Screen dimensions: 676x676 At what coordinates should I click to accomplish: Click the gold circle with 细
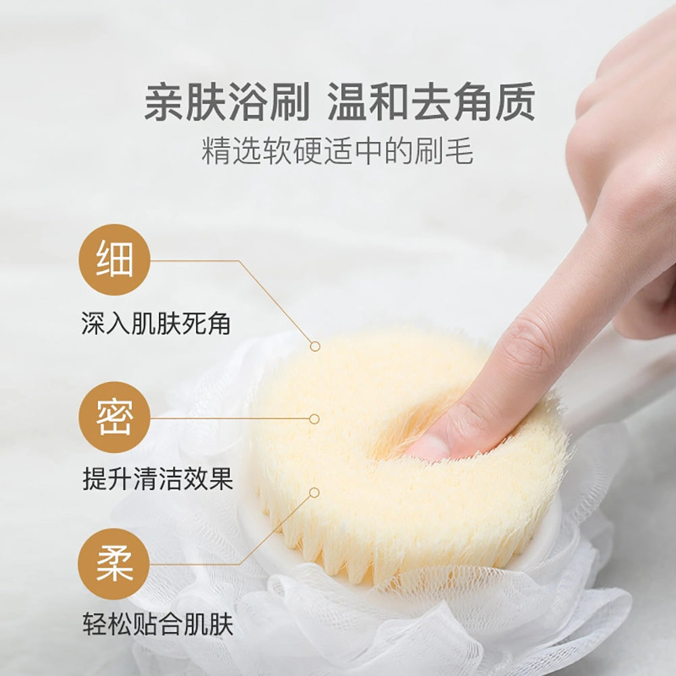pyautogui.click(x=114, y=260)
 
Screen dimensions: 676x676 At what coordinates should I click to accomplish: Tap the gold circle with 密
pyautogui.click(x=114, y=418)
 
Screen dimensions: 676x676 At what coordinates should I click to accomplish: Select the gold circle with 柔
pyautogui.click(x=114, y=564)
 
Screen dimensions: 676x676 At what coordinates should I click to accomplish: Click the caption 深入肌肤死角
pyautogui.click(x=156, y=323)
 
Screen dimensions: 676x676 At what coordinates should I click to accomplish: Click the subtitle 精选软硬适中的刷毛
pyautogui.click(x=337, y=152)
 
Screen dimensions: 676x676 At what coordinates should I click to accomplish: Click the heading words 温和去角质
pyautogui.click(x=431, y=103)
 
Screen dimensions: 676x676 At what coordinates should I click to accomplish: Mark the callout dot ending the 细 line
pyautogui.click(x=315, y=346)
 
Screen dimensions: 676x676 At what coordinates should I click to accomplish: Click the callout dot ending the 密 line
pyautogui.click(x=314, y=419)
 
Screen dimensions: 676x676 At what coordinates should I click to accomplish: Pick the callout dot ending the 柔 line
pyautogui.click(x=314, y=493)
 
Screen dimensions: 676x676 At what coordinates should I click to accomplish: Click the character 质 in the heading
pyautogui.click(x=515, y=103)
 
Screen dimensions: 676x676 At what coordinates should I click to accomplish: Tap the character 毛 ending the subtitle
pyautogui.click(x=459, y=152)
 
